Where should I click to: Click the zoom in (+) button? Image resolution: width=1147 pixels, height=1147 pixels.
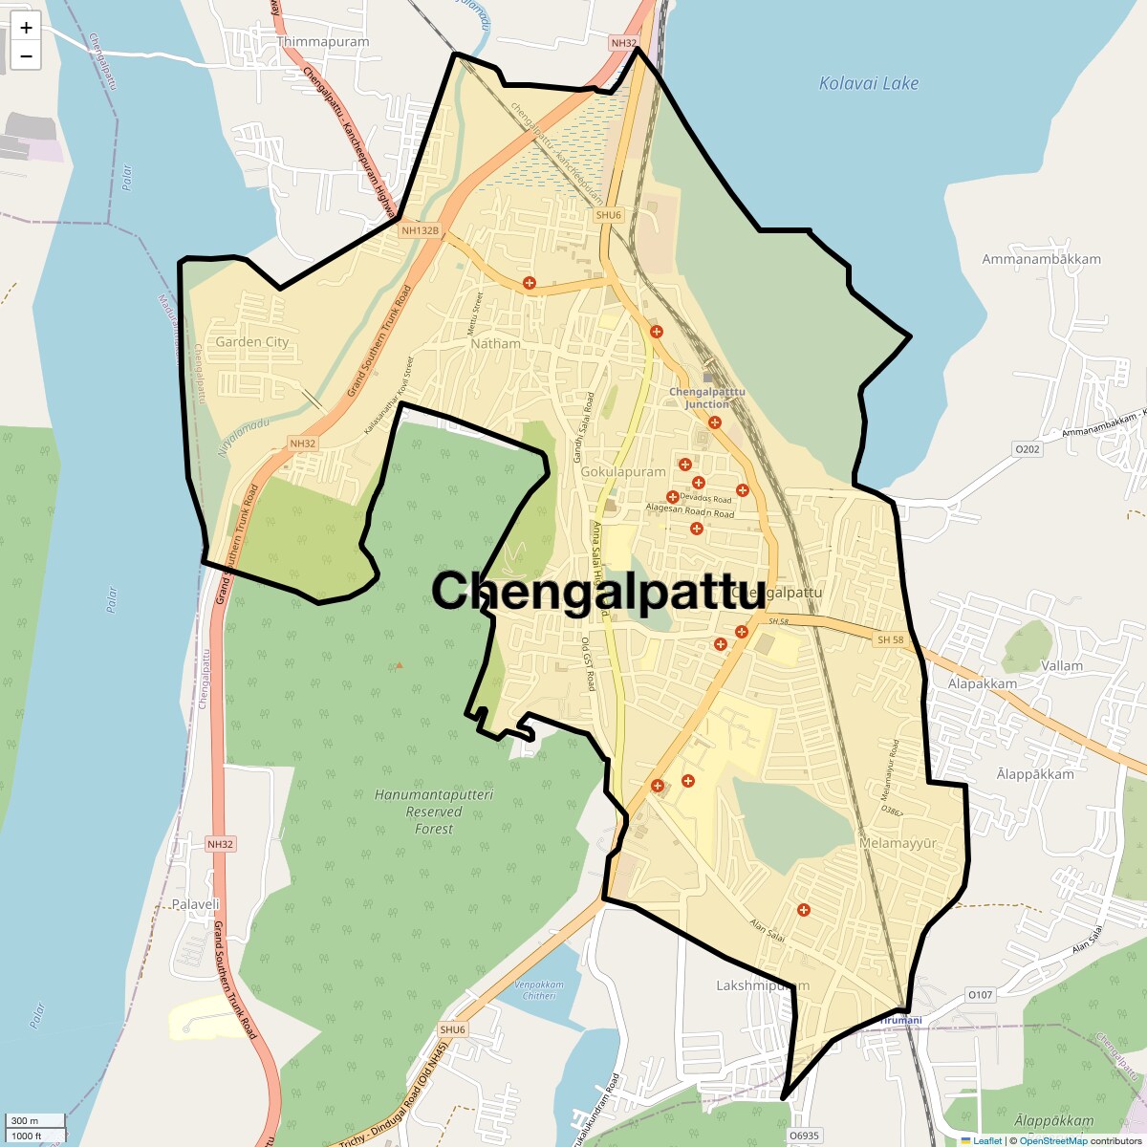point(26,29)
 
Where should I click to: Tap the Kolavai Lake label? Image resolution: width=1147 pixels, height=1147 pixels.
point(868,84)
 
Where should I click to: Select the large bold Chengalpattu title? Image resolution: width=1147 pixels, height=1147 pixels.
point(598,591)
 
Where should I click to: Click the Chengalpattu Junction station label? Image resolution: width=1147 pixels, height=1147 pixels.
point(706,398)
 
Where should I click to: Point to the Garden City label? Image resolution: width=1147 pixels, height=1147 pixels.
point(251,342)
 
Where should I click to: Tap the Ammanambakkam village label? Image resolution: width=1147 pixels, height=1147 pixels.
point(1041,259)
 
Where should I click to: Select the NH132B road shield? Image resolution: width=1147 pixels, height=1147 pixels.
point(420,230)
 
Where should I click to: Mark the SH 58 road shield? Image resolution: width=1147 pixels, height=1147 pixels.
point(890,639)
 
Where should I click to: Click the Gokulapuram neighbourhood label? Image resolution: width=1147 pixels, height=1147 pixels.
point(623,472)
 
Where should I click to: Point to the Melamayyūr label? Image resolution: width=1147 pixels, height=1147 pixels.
point(898,844)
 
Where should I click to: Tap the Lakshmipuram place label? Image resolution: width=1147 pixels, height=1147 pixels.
point(763,985)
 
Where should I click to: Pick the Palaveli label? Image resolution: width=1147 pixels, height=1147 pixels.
point(196,903)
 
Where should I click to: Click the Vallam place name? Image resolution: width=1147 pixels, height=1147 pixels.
point(1062,665)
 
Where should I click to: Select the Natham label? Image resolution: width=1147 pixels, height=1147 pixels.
point(496,343)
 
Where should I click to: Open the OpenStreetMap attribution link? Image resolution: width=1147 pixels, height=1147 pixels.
point(1052,1140)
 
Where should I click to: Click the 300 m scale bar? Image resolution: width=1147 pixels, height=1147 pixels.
point(34,1121)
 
